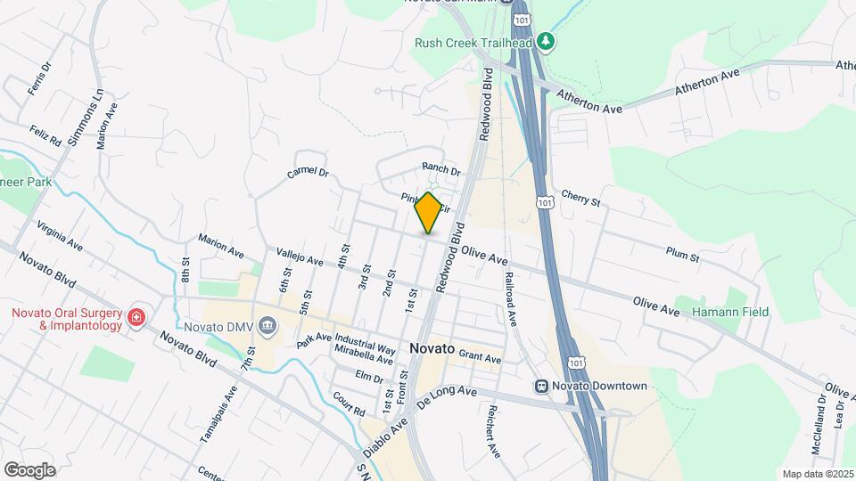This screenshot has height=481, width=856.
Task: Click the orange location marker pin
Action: (428, 212)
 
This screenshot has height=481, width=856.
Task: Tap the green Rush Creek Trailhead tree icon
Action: (547, 42)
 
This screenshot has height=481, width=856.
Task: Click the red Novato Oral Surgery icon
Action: (136, 318)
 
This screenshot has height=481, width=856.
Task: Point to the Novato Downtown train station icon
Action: (541, 386)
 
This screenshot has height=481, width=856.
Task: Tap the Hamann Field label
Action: (727, 312)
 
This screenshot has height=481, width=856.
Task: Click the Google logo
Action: (29, 469)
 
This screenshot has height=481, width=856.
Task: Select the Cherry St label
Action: (581, 198)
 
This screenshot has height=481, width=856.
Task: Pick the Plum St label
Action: (682, 255)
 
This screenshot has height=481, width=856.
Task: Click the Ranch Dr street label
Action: (440, 169)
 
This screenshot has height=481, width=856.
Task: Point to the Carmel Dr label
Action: (309, 174)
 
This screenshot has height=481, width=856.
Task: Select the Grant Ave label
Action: (480, 357)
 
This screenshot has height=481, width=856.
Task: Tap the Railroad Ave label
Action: (510, 298)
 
